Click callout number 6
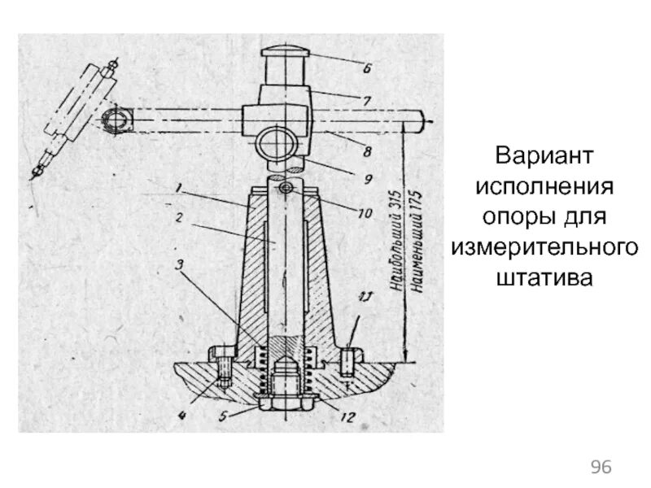[366, 69]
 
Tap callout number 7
[366, 102]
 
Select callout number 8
[368, 150]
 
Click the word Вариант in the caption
[544, 155]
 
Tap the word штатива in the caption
[544, 278]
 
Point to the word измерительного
[544, 247]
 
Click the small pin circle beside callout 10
[285, 189]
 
